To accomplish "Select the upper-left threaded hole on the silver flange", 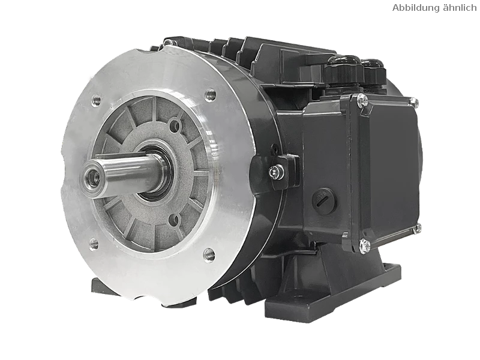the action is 97,100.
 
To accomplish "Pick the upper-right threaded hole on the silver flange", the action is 211,95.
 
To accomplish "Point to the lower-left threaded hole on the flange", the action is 94,244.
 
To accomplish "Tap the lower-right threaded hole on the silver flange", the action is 209,254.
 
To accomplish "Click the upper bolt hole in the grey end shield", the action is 175,125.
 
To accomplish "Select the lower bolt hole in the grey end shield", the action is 174,220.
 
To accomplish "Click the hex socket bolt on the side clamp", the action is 276,172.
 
